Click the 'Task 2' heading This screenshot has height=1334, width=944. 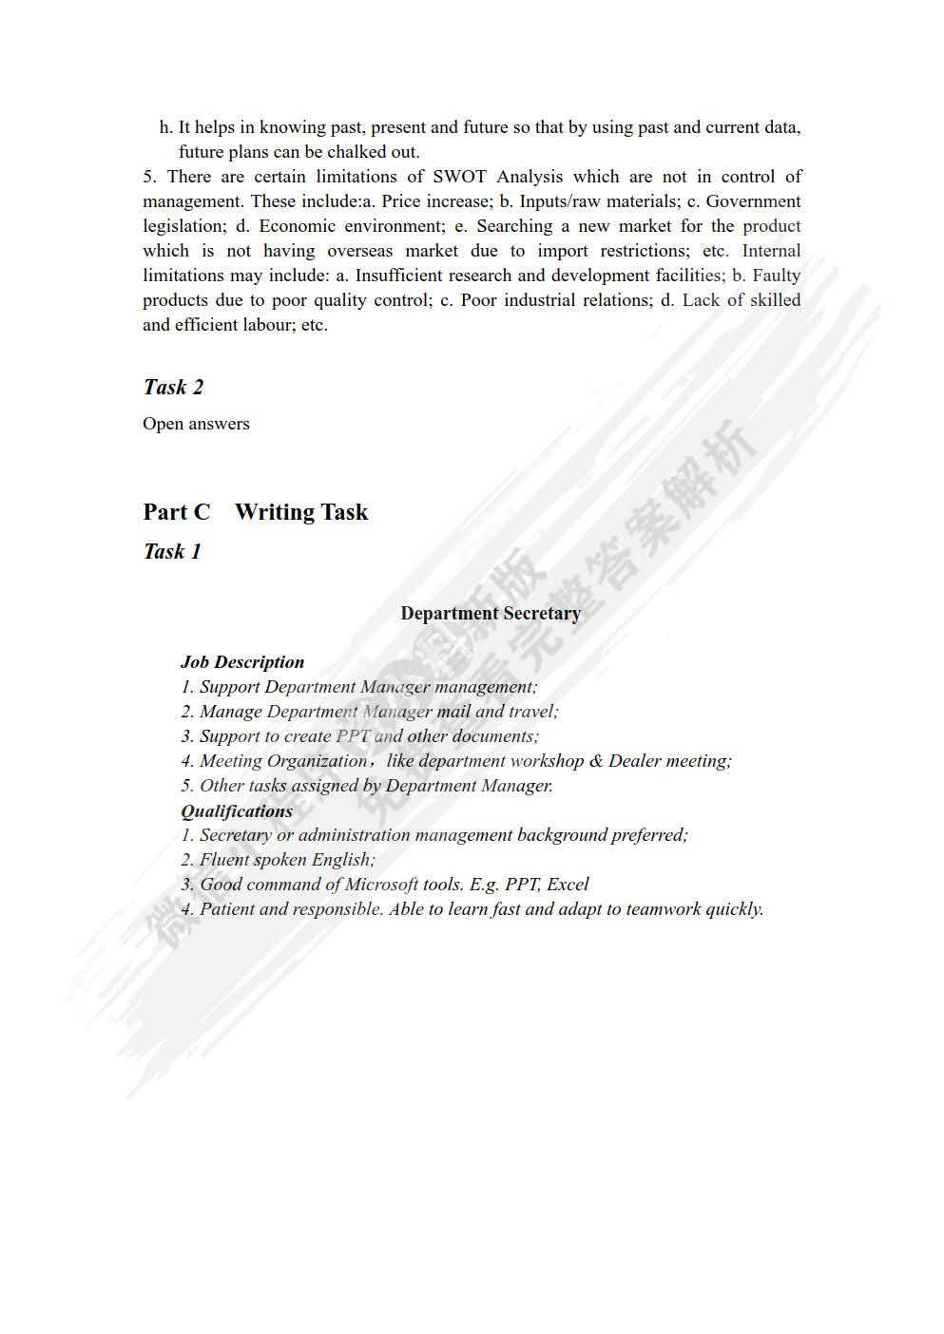173,387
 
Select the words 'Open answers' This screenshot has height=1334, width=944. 196,424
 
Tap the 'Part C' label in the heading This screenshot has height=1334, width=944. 176,512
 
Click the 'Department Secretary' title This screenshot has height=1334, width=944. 491,613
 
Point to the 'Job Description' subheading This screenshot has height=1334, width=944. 242,662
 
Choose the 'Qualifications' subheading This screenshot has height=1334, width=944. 237,810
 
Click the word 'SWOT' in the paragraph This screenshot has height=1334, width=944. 459,177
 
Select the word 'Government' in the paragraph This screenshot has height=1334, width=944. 753,201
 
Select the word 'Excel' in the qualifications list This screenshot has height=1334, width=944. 568,885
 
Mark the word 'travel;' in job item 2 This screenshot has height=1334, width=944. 533,712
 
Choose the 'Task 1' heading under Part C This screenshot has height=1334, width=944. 172,551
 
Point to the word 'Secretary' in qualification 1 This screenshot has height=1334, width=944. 235,835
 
